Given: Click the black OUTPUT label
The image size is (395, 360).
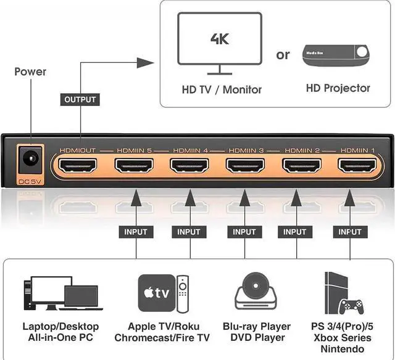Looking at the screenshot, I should pyautogui.click(x=80, y=99).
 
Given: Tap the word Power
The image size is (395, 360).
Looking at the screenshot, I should pyautogui.click(x=30, y=72).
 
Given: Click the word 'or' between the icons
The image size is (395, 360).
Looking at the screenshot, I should pyautogui.click(x=283, y=55).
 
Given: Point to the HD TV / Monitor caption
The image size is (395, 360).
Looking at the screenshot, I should pyautogui.click(x=222, y=89).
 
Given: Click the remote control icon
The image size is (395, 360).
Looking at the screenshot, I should pyautogui.click(x=181, y=292).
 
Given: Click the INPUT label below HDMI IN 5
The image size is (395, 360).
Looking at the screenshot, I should pyautogui.click(x=136, y=232).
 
